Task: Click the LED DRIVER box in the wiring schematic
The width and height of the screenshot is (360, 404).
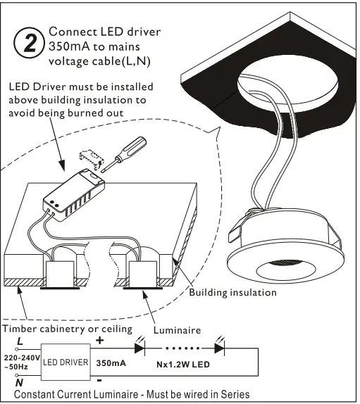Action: (66, 362)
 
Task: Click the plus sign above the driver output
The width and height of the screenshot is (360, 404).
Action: (99, 341)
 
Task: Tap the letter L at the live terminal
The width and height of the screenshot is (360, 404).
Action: (19, 341)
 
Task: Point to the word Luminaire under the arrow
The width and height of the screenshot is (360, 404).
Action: (177, 329)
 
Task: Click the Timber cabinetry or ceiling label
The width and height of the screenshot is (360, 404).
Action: (68, 329)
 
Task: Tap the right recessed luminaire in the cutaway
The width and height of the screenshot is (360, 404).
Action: (144, 273)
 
